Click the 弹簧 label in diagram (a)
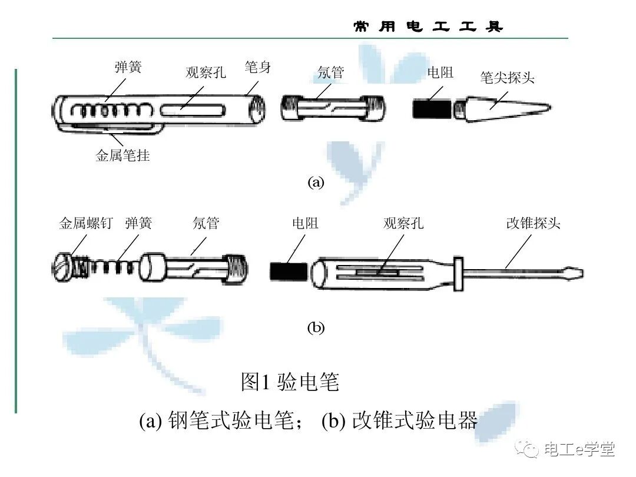(x=128, y=68)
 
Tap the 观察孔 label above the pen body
(x=206, y=72)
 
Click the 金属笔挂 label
(x=122, y=156)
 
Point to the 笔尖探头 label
(x=507, y=78)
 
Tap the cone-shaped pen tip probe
(x=501, y=110)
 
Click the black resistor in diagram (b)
(x=289, y=271)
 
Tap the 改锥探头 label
(x=533, y=224)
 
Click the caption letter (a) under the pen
(x=316, y=182)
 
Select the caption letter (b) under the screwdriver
(x=316, y=328)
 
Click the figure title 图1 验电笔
(x=290, y=382)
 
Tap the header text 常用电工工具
(x=428, y=27)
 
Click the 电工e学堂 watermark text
(x=579, y=449)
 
